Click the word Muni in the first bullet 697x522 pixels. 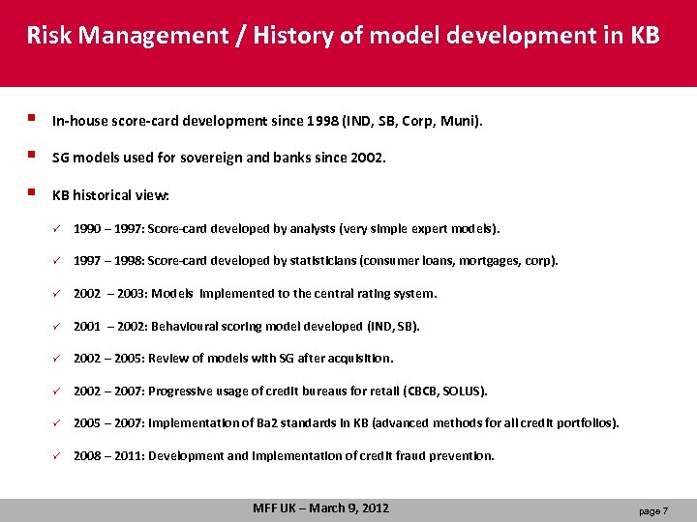click(x=460, y=122)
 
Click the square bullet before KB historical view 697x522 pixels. click(x=32, y=192)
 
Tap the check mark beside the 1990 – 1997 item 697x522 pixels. click(x=58, y=229)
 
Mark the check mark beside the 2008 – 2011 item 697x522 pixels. click(x=58, y=455)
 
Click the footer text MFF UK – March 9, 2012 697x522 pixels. click(x=320, y=507)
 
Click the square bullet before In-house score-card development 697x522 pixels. click(x=32, y=120)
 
